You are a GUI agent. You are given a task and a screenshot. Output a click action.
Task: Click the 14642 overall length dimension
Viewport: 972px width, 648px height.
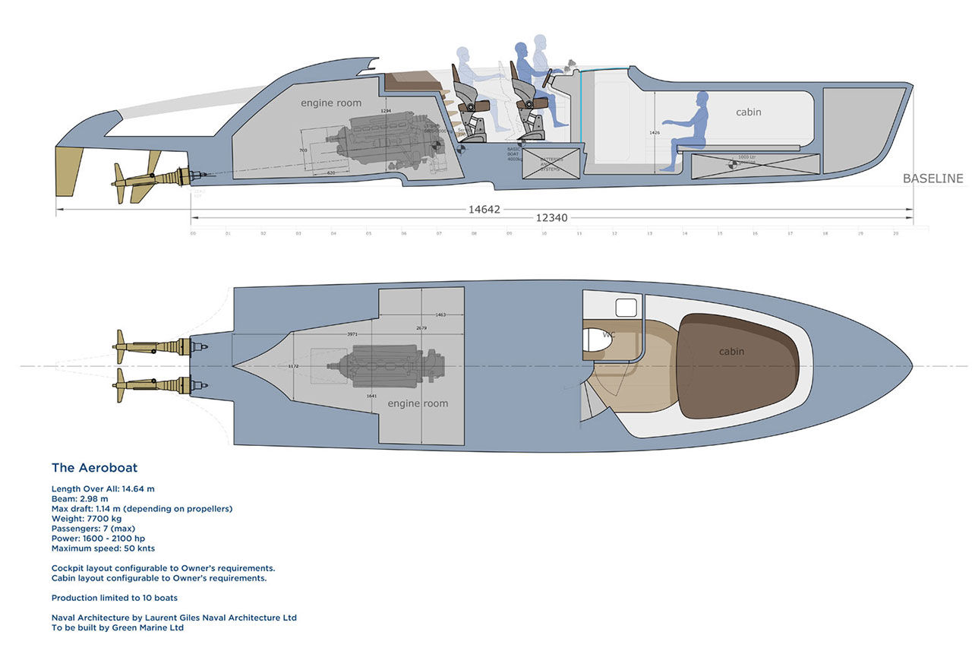484,209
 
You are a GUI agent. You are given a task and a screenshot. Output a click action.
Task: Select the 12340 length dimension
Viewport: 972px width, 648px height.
552,218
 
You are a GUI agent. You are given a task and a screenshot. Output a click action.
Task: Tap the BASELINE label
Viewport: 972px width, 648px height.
933,179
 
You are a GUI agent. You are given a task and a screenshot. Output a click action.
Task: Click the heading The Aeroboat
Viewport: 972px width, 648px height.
94,468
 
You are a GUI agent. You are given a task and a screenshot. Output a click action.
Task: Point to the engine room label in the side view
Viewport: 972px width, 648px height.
331,103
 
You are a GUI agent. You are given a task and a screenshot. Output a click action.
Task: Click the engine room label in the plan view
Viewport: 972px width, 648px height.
418,403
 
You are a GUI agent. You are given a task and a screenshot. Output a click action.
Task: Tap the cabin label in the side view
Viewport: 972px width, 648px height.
748,112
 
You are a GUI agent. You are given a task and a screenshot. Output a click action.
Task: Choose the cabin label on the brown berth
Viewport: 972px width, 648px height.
731,351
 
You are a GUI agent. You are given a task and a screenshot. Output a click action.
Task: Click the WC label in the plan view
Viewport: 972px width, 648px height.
609,334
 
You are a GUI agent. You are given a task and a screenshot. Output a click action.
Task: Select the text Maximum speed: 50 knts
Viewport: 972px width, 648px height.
103,548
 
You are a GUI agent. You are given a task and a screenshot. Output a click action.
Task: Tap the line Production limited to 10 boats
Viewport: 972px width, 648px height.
115,598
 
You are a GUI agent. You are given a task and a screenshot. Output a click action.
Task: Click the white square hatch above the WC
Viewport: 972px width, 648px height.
625,308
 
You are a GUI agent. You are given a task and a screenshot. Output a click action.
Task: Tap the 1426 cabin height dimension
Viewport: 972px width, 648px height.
653,132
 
